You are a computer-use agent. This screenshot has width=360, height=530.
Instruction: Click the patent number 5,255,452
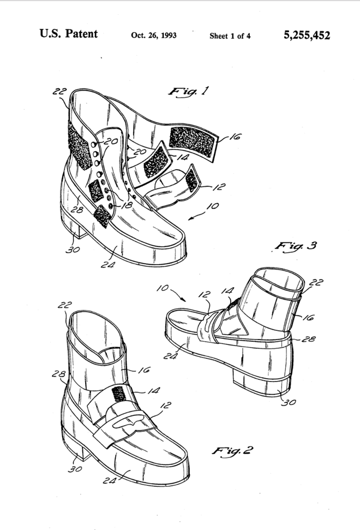pos(307,35)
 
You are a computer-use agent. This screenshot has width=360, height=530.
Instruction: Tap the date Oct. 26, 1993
pos(154,35)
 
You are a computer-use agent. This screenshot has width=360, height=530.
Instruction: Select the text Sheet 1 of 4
pos(230,36)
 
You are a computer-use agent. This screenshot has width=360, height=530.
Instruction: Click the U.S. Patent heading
pos(69,33)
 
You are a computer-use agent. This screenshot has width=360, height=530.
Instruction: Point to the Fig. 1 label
pos(189,91)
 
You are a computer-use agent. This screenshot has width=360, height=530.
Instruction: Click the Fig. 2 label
pos(232,450)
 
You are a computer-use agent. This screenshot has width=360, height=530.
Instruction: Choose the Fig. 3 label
pos(296,246)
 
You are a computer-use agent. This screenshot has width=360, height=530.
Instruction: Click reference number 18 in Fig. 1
pos(127,205)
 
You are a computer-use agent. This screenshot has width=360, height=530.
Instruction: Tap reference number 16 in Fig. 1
pos(235,137)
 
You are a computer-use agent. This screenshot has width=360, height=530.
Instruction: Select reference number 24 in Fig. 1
pos(107,265)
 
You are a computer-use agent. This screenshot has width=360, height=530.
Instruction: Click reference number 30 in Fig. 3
pos(289,402)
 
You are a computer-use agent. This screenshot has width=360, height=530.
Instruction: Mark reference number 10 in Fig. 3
pos(163,288)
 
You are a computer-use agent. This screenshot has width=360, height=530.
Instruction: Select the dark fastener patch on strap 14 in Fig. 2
pos(118,394)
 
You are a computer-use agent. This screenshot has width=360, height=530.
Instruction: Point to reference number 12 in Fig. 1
pos(219,187)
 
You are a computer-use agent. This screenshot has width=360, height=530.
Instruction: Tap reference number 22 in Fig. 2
pos(64,305)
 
